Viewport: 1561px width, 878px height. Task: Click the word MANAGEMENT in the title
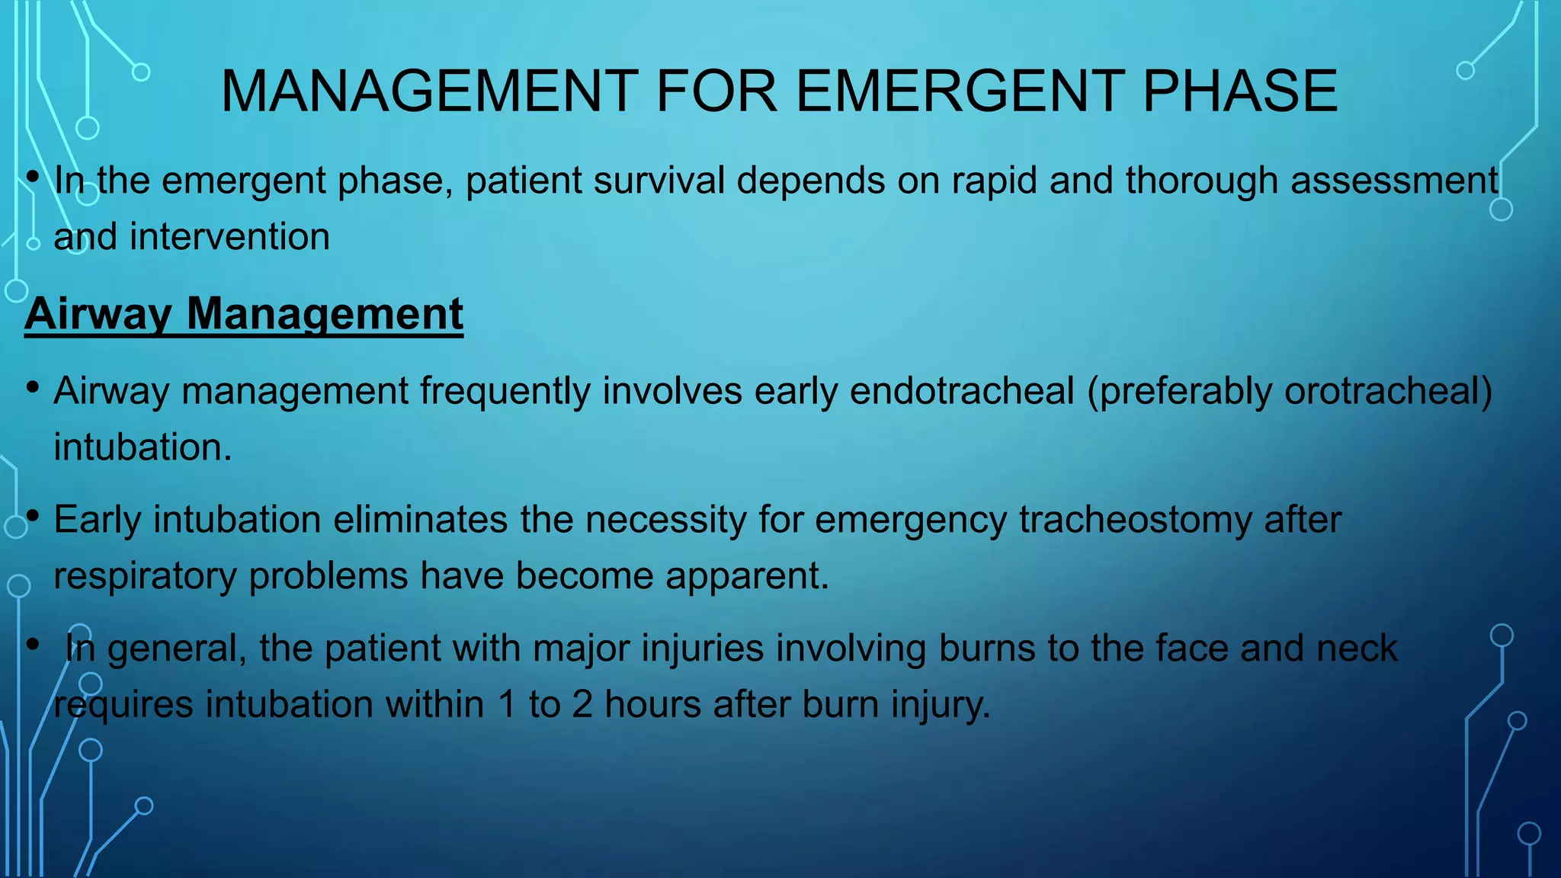(429, 91)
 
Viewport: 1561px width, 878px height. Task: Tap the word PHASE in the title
(1240, 91)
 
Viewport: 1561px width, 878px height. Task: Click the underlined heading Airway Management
(244, 314)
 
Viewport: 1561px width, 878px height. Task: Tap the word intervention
(229, 237)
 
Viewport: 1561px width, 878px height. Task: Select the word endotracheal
(962, 392)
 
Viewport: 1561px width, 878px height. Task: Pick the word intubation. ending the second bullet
(143, 447)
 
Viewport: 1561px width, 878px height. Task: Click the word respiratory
(145, 576)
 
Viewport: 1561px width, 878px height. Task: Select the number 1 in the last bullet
(507, 705)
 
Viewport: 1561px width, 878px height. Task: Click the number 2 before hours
(582, 705)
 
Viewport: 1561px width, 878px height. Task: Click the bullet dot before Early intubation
(32, 517)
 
